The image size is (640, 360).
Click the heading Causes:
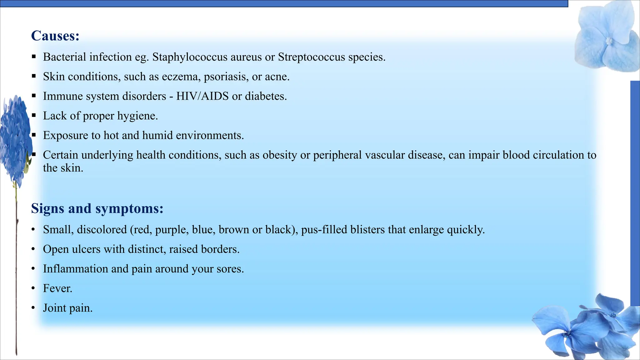[x=55, y=36]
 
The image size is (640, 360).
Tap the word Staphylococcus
[x=190, y=57]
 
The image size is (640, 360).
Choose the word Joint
[x=54, y=308]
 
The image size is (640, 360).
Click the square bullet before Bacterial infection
[x=34, y=57]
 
